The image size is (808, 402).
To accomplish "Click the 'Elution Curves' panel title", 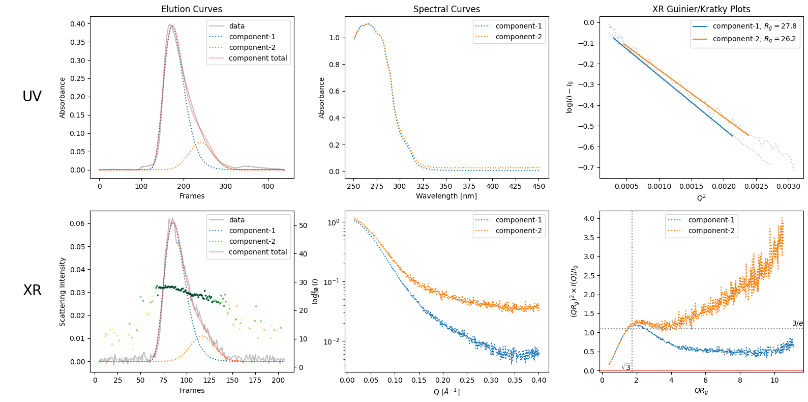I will pos(192,9).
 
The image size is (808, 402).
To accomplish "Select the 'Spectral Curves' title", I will pos(446,9).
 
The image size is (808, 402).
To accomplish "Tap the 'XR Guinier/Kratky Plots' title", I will pos(701,9).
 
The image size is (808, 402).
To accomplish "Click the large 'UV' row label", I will pos(32,96).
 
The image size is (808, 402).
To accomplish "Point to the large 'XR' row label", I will pos(32,290).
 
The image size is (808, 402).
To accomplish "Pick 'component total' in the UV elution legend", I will pos(258,58).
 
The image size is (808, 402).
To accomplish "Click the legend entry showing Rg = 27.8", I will pos(754,26).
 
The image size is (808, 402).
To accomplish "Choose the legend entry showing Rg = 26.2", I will pos(754,39).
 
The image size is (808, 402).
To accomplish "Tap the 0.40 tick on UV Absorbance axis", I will pos(78,24).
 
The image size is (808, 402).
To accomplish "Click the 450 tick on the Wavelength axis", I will pos(539,186).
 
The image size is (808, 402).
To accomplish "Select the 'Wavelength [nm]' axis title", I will pos(446,196).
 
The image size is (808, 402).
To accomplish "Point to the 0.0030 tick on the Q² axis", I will pos(788,186).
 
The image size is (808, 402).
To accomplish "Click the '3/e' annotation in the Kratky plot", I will pos(797,323).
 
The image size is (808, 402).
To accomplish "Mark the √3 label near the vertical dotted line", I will pos(626,367).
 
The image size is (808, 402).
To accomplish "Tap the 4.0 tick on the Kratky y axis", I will pos(588,218).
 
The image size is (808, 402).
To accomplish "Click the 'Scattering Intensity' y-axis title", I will pos(63,292).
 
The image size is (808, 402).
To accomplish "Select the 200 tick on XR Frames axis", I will pos(278,380).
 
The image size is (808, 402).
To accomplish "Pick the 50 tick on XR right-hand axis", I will pos(303,225).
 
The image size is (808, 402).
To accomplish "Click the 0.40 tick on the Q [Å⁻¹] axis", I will pos(539,380).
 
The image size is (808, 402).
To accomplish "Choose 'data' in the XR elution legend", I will pos(236,220).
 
